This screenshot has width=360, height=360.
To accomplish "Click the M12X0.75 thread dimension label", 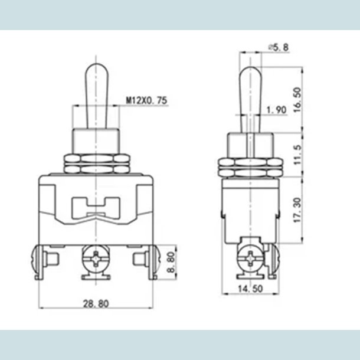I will [x=146, y=101].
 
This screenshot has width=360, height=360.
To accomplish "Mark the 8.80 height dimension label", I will [x=170, y=262].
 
